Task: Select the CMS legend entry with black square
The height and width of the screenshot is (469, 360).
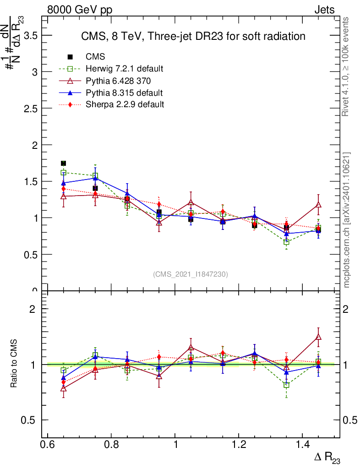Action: click(x=95, y=57)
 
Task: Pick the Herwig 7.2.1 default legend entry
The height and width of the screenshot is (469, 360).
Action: click(x=124, y=69)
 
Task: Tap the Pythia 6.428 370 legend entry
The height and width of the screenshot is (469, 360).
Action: click(x=118, y=81)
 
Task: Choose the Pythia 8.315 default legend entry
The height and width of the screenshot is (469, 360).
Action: click(x=124, y=93)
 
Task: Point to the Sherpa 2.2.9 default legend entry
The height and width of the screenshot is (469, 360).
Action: click(x=125, y=104)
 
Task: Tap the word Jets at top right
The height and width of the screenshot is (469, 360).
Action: click(x=324, y=10)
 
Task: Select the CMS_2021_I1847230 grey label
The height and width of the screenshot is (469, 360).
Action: click(x=191, y=274)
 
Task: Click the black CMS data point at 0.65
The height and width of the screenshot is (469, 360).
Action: click(x=64, y=164)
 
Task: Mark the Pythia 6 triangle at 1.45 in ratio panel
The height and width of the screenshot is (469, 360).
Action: click(x=318, y=338)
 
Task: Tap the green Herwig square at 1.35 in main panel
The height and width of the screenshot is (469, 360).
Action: click(x=286, y=242)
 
